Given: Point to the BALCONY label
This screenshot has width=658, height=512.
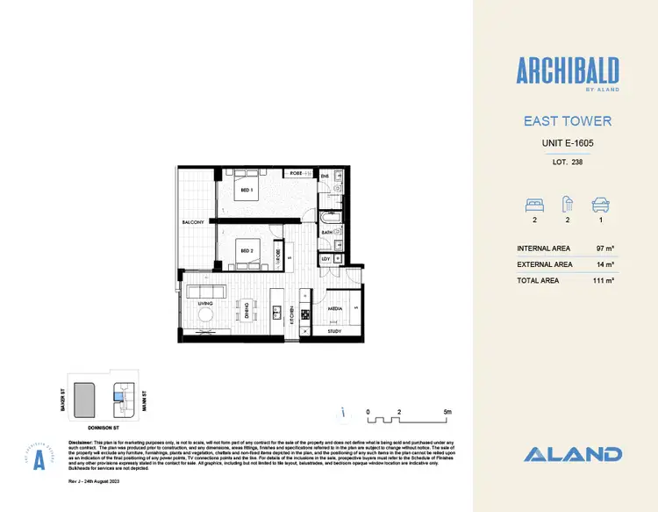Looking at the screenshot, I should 193,223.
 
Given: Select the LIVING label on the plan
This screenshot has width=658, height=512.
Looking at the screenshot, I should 206,304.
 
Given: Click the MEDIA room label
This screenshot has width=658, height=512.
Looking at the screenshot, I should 334,309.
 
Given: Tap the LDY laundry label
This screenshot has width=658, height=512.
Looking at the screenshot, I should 325,259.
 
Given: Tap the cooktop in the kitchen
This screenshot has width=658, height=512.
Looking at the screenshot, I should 304,314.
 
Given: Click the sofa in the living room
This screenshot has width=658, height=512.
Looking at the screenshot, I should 204,291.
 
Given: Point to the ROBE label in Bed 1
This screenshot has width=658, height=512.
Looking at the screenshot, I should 296,174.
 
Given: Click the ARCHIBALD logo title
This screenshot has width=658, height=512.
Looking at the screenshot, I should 566,69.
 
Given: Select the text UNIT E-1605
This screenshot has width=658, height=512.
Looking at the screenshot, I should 566,142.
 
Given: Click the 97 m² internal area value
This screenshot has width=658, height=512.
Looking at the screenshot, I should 604,249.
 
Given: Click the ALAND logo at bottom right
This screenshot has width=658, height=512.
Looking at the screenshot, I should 573,454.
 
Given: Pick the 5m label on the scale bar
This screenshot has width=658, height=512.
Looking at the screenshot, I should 447,411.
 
